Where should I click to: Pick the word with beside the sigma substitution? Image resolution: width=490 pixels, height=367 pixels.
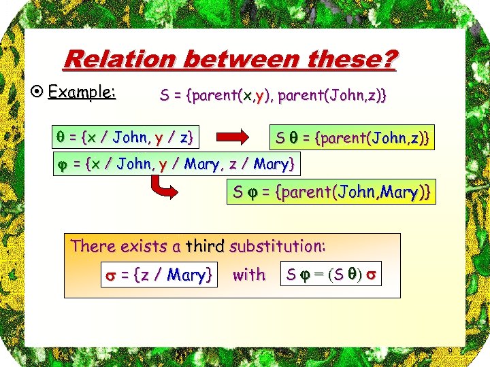coord(249,275)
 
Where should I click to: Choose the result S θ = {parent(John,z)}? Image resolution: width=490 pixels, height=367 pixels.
coord(351,138)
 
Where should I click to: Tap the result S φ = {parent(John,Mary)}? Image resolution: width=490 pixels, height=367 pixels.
coord(331,192)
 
